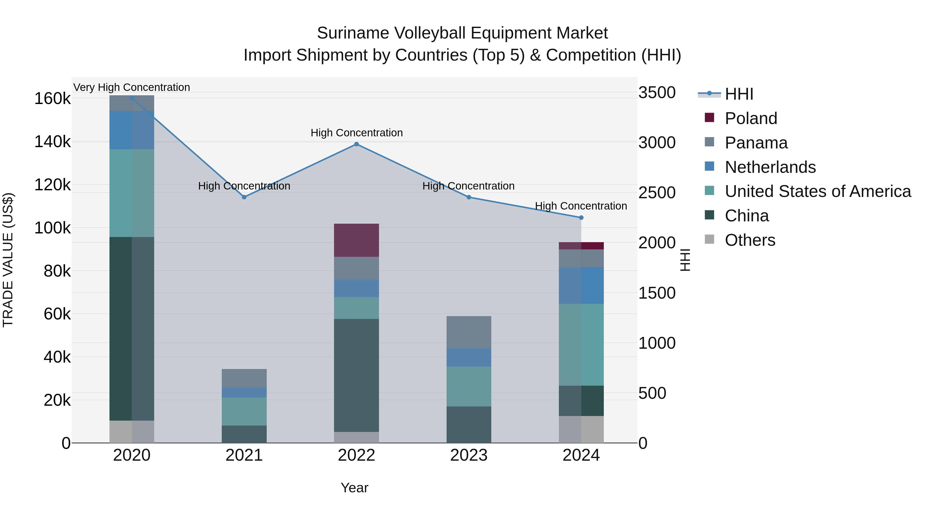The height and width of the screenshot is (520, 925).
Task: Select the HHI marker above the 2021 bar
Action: click(244, 197)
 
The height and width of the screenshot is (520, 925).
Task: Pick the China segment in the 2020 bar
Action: click(132, 328)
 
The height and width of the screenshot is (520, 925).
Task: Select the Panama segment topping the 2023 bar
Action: click(469, 332)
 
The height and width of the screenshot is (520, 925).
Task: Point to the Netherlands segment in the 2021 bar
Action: click(244, 392)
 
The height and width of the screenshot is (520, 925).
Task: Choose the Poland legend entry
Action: click(751, 118)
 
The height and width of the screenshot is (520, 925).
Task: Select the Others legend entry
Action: click(750, 240)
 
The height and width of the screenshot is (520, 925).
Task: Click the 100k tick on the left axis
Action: click(52, 228)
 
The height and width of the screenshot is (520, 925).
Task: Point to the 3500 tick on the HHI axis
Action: click(657, 93)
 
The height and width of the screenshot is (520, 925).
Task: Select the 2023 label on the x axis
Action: click(469, 455)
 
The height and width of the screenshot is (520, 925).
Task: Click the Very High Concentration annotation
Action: click(132, 87)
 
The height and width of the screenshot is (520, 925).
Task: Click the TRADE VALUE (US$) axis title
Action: click(8, 260)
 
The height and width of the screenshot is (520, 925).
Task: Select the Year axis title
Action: click(354, 488)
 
